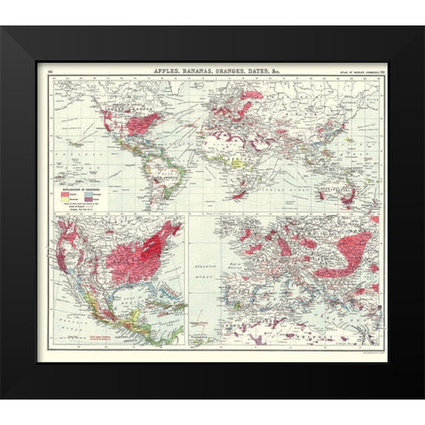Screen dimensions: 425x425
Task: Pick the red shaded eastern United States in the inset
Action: click(142, 257)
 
